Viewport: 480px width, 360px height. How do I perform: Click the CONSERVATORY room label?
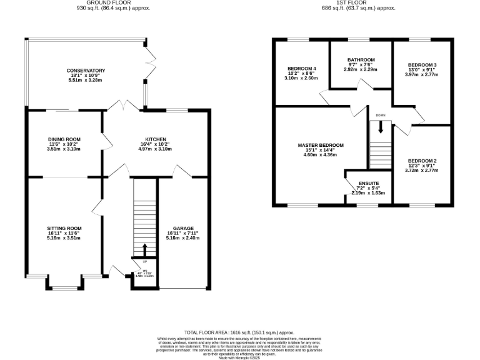pos(86,71)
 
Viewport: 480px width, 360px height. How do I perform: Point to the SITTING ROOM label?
pos(64,229)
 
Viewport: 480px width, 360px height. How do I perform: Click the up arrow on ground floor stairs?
pos(145,250)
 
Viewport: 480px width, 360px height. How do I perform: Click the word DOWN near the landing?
pos(380,116)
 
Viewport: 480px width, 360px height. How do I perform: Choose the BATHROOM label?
pos(361,60)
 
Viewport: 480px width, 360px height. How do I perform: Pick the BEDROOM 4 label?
pos(302,68)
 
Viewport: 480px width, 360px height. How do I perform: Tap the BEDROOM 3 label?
pos(422,65)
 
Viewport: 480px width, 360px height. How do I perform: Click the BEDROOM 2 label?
pos(422,161)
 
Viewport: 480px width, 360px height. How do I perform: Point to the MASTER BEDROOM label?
pos(321,145)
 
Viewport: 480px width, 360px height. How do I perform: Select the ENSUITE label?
pos(360,184)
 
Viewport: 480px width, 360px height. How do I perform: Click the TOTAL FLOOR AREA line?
pos(239,333)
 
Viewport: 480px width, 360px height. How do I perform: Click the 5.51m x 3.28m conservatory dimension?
pos(86,81)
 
